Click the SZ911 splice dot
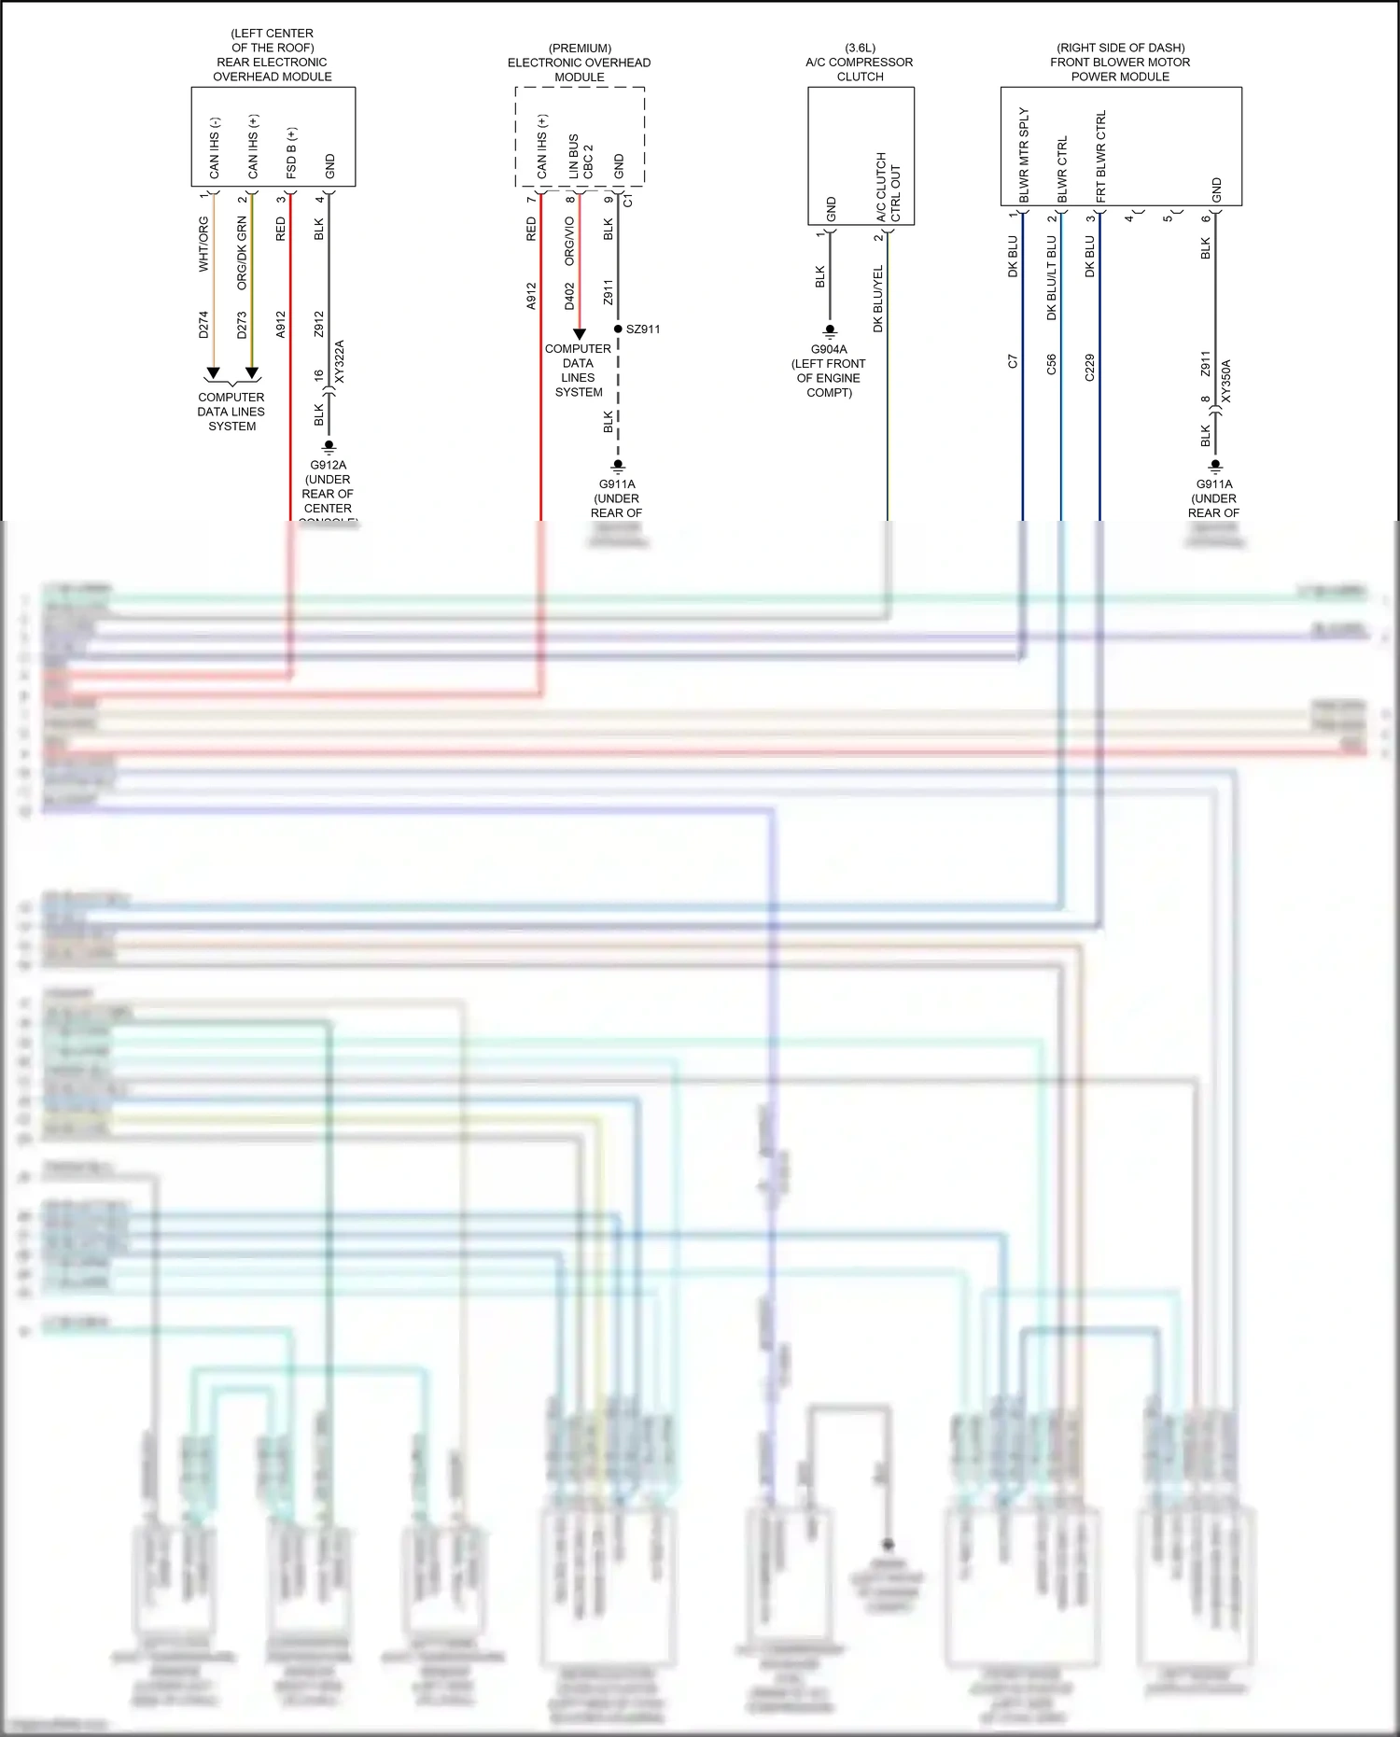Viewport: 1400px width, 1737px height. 618,329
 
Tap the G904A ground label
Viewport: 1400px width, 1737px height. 829,349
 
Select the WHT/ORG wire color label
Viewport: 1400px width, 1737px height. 203,245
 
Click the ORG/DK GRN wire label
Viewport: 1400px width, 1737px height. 242,253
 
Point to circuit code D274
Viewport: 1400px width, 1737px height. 203,325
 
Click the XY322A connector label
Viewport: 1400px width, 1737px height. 340,361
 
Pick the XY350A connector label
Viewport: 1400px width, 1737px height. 1226,381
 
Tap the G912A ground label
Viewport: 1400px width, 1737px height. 328,465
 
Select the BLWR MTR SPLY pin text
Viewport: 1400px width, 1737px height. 1024,155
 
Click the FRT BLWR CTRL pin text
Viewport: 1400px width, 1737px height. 1101,156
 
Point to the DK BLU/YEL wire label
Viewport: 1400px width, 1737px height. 877,299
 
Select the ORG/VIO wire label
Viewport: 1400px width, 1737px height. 569,242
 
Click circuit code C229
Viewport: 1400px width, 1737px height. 1089,367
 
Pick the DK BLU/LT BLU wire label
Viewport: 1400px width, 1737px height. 1051,278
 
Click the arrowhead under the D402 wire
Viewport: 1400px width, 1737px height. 579,334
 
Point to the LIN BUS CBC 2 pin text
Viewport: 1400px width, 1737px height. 581,157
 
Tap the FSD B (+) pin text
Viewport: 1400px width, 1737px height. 291,154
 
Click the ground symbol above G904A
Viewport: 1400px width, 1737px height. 829,331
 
